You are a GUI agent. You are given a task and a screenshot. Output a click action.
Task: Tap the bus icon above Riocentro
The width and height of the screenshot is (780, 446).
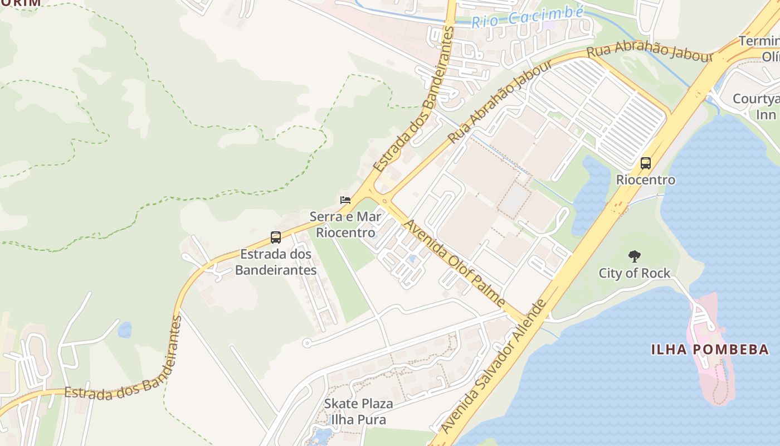coord(646,163)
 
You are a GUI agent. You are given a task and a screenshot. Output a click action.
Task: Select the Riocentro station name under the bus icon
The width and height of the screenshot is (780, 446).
coord(646,180)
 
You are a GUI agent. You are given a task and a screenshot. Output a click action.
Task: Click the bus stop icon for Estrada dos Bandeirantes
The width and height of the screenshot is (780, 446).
coord(275,237)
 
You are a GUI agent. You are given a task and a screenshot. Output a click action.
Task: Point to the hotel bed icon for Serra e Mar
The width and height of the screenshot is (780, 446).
coord(345,200)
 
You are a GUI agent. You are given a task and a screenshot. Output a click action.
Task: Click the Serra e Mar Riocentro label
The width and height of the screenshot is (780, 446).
coord(345,224)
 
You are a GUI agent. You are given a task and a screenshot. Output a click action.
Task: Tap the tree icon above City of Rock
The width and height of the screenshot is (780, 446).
coord(634,256)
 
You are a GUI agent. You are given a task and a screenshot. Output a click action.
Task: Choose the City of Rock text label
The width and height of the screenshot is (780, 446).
coord(634,273)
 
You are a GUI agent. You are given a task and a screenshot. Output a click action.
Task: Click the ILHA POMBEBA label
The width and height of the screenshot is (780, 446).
coord(710,350)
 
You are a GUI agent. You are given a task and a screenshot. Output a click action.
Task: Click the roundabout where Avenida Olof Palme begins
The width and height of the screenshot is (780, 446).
coord(384,201)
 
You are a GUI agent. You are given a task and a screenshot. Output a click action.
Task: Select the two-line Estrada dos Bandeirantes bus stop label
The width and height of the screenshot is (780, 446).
coord(275,262)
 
